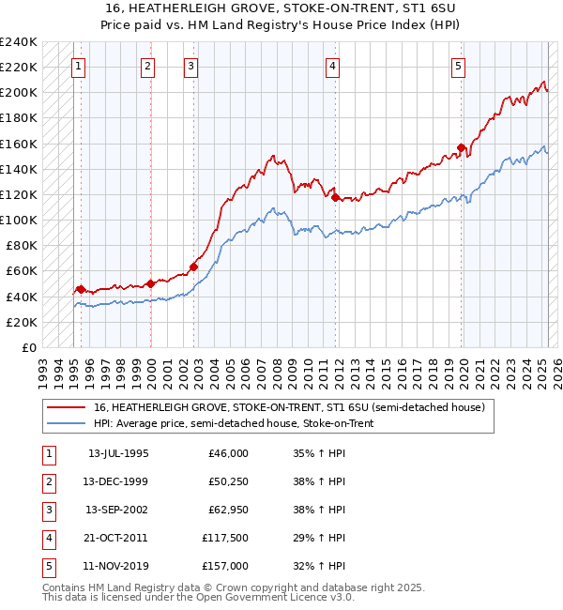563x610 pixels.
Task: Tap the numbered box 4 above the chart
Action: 333,67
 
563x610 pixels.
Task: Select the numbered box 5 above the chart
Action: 458,67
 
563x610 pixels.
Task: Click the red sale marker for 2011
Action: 334,197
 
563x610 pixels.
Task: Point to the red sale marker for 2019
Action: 462,147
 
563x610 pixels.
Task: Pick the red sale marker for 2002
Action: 193,267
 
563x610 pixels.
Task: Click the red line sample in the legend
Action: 66,408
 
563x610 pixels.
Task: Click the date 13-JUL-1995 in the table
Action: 118,453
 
